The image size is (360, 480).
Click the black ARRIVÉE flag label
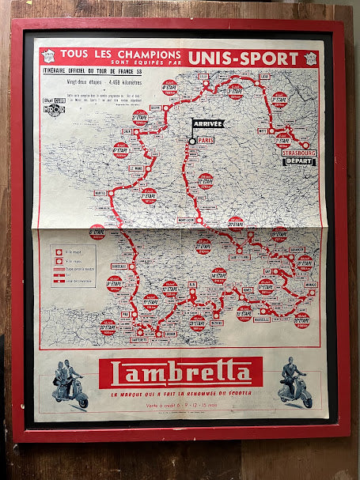(207, 123)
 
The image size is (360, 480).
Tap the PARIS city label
(207, 139)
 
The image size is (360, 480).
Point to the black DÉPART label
(300, 161)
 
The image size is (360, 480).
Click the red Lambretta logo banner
(186, 372)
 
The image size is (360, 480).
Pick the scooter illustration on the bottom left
(70, 386)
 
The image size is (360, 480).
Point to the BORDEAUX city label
(120, 265)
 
